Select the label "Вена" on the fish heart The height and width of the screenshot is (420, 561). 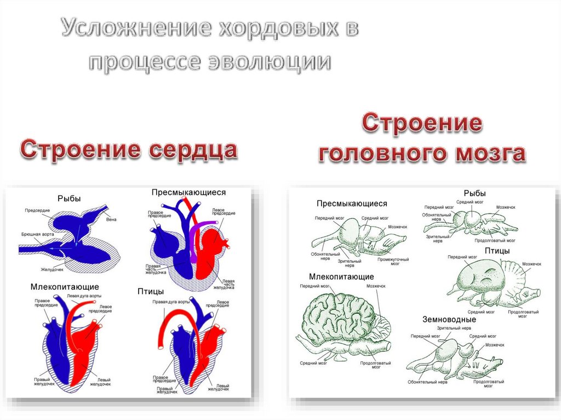[112, 220]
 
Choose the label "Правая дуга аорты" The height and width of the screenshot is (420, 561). [171, 302]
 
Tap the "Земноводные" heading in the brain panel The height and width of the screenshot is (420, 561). [449, 319]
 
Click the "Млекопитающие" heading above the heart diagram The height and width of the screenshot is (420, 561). [65, 286]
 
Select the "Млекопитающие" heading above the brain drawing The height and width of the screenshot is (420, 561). [341, 277]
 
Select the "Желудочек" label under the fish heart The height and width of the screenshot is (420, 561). [52, 269]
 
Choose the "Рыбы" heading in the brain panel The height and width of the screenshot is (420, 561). [474, 193]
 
